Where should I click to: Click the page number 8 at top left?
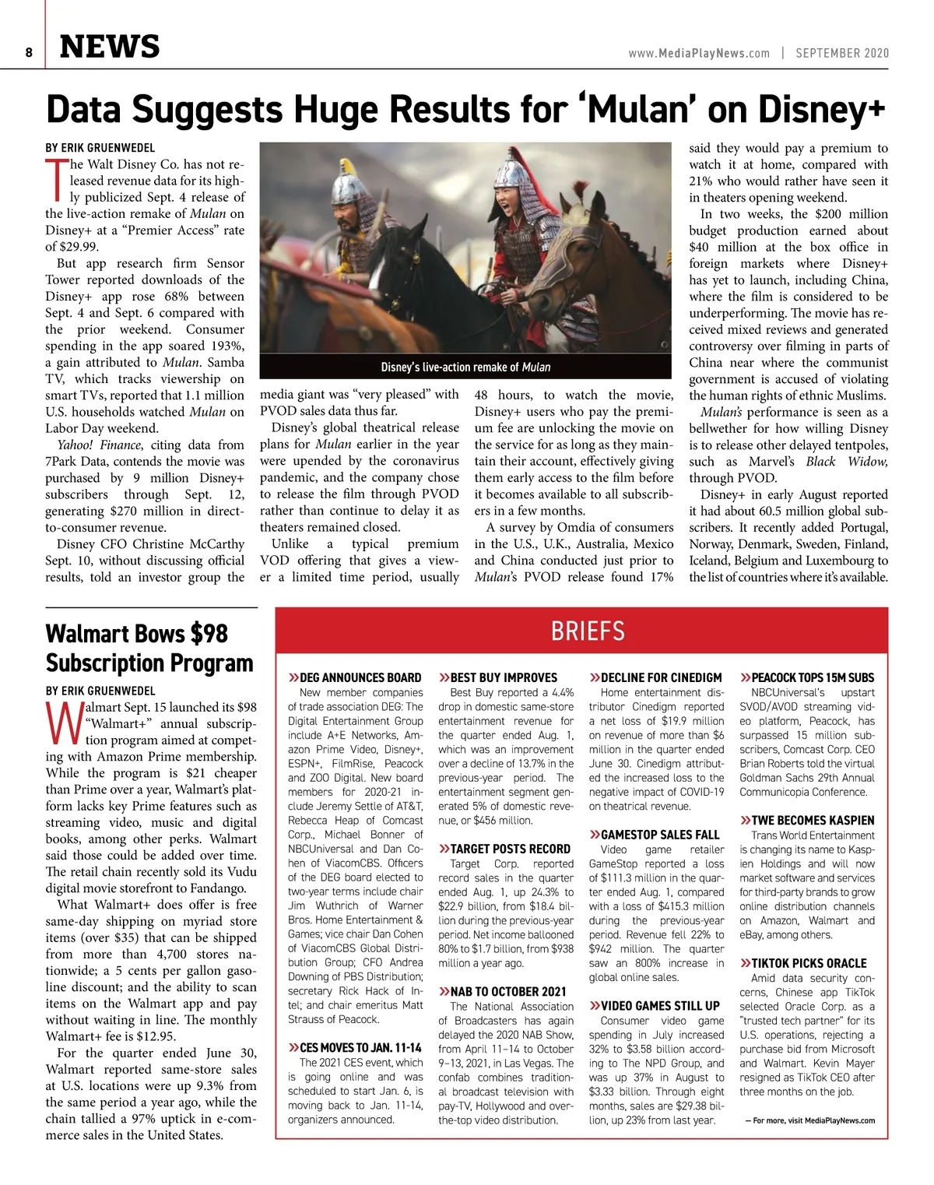coord(29,52)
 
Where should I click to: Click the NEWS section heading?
coord(110,47)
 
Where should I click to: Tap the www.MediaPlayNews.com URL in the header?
coord(698,53)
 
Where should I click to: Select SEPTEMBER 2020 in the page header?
coord(842,53)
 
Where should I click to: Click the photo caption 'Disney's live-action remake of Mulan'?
coord(465,367)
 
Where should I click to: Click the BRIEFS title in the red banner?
coord(588,631)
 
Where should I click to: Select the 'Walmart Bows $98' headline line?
coord(137,634)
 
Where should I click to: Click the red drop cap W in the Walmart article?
coord(61,723)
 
